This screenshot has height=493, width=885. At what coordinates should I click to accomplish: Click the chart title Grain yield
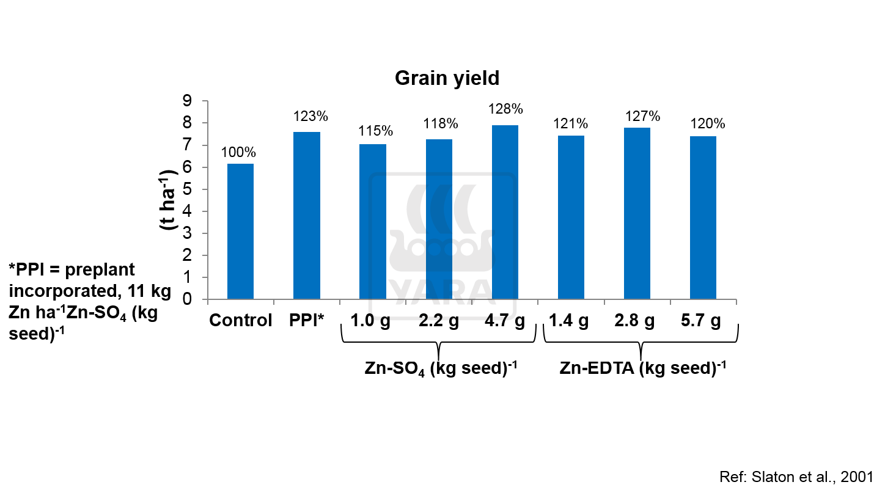(447, 79)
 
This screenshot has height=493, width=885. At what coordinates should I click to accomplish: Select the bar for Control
(240, 232)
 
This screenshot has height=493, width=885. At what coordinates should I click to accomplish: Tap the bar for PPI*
(307, 216)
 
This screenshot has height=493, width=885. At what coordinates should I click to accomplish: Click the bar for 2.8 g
(637, 214)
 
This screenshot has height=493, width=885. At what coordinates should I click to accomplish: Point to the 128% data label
(505, 109)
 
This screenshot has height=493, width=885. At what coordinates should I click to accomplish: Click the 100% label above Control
(238, 153)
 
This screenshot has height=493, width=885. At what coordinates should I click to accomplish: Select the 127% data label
(642, 116)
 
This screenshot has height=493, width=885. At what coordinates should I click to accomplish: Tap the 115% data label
(375, 131)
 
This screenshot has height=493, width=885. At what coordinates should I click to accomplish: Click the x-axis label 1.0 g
(370, 321)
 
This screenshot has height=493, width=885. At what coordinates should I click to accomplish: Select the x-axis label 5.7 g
(700, 321)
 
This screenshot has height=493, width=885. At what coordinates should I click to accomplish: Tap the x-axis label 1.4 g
(568, 321)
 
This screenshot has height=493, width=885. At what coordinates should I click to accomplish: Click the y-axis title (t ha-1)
(167, 200)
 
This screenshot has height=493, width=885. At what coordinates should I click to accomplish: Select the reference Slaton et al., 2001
(796, 477)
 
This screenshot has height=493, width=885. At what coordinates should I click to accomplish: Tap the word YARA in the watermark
(441, 293)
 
